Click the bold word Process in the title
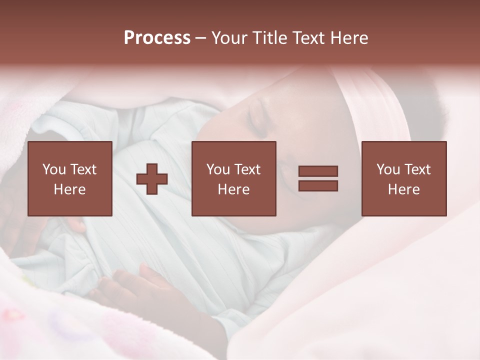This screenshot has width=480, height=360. point(157,38)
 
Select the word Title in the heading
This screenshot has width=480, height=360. point(268,38)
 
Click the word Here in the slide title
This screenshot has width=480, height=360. point(347,38)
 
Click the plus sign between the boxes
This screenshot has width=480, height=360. point(152,179)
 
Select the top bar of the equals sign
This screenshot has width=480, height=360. point(318,171)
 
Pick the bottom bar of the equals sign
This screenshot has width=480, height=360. point(318,185)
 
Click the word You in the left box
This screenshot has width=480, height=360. point(54,169)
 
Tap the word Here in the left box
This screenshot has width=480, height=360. point(69,189)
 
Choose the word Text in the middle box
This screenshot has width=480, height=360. point(247,169)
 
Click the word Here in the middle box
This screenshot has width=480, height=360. point(233,189)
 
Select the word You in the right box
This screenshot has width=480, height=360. point(388,169)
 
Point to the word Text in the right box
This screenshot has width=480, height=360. point(417,169)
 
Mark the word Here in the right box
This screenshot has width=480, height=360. point(403,189)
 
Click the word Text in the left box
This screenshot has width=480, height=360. point(83,169)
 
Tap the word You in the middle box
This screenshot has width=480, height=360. point(218,169)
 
